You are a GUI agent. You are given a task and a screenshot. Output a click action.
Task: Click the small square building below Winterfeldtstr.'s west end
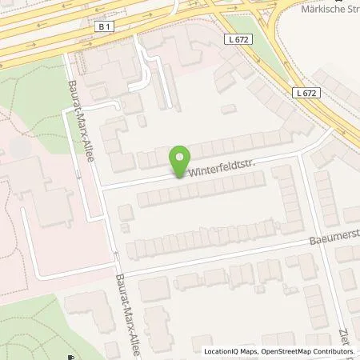125,211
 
